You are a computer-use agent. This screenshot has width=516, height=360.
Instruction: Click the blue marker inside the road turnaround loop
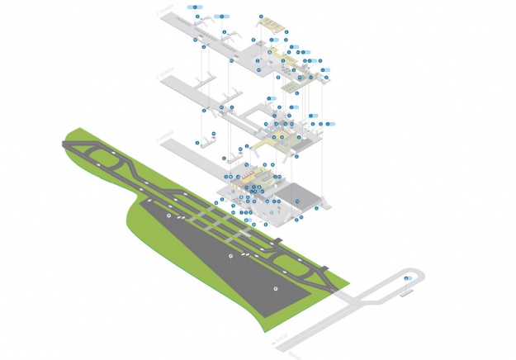coord(407,279)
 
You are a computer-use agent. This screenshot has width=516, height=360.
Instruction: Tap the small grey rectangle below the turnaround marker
coord(408,289)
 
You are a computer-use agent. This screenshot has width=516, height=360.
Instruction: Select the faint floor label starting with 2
coord(166,73)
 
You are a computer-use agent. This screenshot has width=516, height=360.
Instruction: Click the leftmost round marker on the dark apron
coord(169,216)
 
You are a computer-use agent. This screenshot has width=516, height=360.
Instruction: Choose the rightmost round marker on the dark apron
coord(276,287)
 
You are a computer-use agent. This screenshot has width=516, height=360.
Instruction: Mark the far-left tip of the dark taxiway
coord(64,144)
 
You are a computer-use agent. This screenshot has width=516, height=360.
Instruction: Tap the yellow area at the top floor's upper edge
coord(272,26)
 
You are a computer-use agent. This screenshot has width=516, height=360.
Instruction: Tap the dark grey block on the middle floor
coord(306,141)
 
